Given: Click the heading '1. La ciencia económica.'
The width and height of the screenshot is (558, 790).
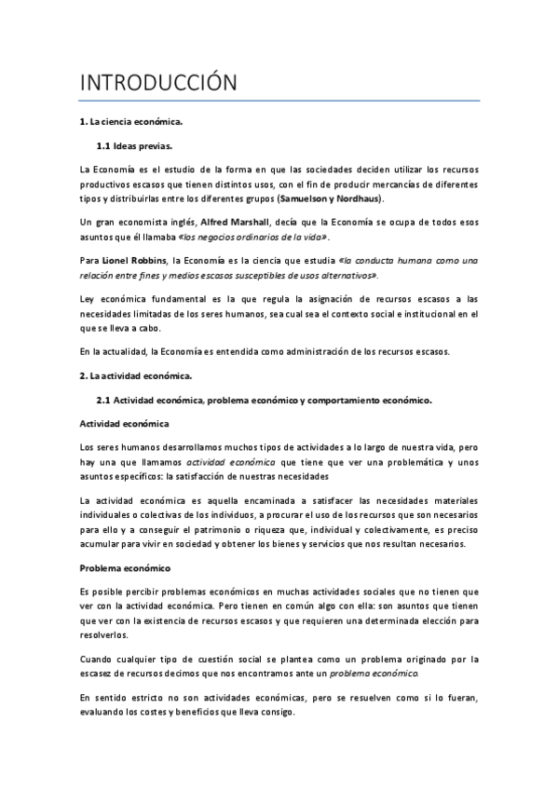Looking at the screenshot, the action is coord(130,122).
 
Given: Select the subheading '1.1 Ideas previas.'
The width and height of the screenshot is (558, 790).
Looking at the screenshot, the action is coord(135,146).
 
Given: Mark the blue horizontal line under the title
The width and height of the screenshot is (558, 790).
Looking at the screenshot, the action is coord(279,101).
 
